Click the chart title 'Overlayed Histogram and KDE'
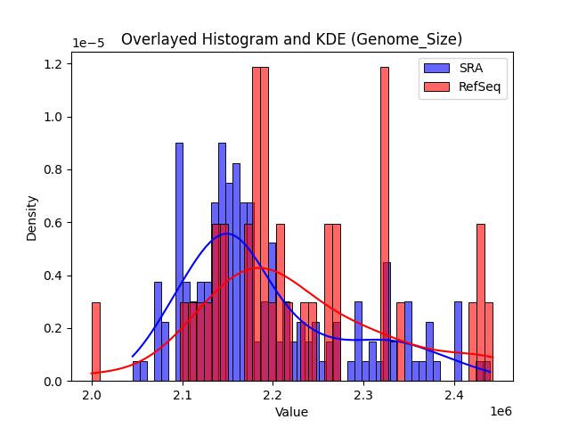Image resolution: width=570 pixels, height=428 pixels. (291, 39)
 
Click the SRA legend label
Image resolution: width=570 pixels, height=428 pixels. (473, 69)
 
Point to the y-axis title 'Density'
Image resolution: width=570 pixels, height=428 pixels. (32, 218)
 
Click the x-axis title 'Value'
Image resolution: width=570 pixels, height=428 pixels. (291, 412)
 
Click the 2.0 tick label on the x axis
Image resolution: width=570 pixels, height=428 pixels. (93, 394)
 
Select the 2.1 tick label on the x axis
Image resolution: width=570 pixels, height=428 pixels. (183, 394)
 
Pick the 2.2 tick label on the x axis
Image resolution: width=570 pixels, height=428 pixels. (273, 394)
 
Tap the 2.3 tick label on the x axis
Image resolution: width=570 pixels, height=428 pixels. (363, 394)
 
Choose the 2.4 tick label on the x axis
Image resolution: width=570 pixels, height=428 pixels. (454, 394)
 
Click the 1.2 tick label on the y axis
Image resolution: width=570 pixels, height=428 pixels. (54, 64)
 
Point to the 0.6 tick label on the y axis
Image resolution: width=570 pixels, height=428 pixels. (54, 223)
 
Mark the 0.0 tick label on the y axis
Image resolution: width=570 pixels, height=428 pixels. (54, 382)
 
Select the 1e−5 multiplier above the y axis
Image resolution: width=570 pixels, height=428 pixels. (87, 44)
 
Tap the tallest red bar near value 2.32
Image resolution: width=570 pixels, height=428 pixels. (385, 223)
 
